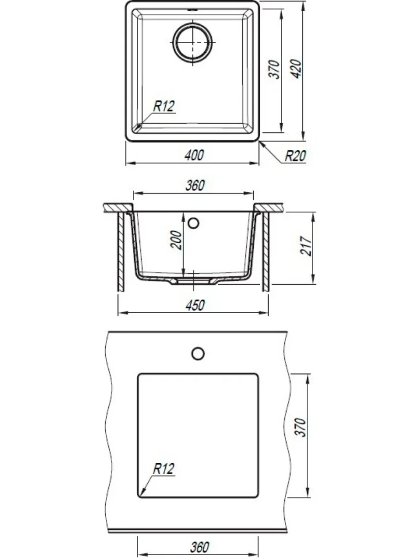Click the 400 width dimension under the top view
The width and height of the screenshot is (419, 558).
195,155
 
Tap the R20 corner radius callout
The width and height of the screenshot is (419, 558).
295,156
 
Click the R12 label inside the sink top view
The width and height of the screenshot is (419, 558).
164,106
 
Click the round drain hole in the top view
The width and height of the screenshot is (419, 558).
193,43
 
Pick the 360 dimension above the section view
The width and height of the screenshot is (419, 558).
195,185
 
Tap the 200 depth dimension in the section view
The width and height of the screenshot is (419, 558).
176,240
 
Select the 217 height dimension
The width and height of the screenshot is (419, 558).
306,246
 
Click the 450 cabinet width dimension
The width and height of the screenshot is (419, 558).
195,305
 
